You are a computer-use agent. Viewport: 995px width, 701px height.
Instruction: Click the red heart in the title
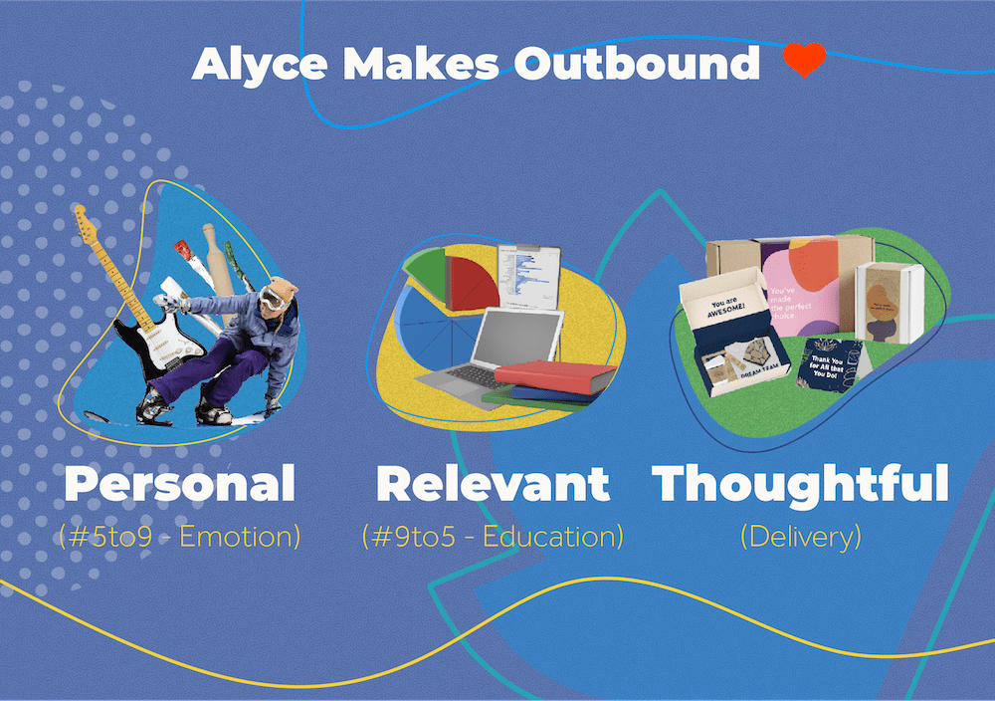[x=804, y=61]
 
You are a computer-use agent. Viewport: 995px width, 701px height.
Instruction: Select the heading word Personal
[x=180, y=484]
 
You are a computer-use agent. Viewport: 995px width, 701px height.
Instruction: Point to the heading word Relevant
[x=493, y=484]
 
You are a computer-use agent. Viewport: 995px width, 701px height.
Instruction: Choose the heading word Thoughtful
[x=800, y=484]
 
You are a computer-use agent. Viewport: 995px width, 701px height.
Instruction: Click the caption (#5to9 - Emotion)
[x=180, y=537]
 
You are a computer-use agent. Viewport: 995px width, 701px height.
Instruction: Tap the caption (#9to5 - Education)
[x=493, y=537]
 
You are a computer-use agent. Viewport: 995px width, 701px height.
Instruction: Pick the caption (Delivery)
[x=800, y=537]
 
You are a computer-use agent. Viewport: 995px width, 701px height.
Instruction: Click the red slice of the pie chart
[x=472, y=282]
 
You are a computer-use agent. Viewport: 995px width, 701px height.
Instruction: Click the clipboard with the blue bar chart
[x=527, y=273]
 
